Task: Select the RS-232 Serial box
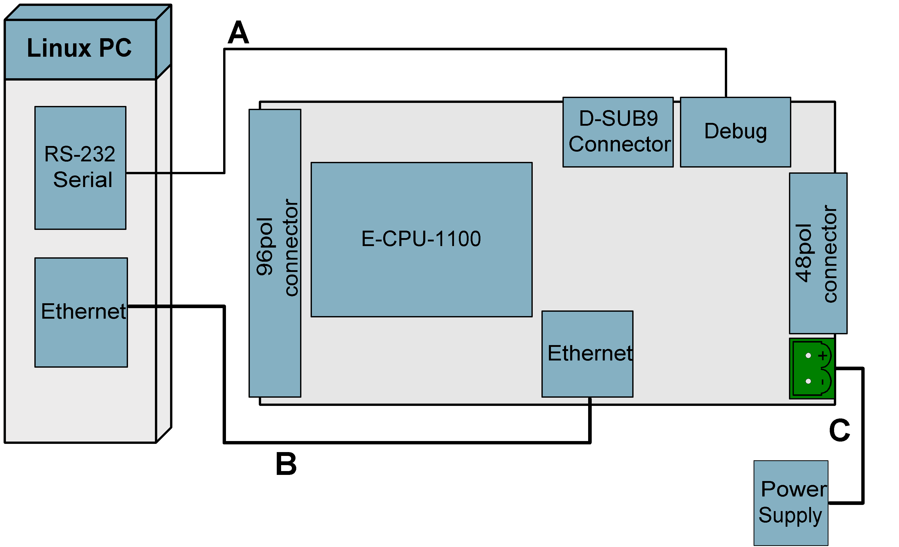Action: [80, 168]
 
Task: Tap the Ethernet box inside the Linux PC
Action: [81, 312]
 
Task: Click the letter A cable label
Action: [238, 33]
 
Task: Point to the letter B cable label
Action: [286, 464]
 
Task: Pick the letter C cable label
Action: [839, 430]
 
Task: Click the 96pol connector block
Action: [275, 253]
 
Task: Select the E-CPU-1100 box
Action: [421, 239]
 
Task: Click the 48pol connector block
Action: [818, 253]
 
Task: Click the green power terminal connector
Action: [812, 369]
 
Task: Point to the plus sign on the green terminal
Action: [822, 355]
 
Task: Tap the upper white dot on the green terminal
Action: [808, 355]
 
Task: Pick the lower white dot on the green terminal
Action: [808, 381]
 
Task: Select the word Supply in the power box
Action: [790, 516]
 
